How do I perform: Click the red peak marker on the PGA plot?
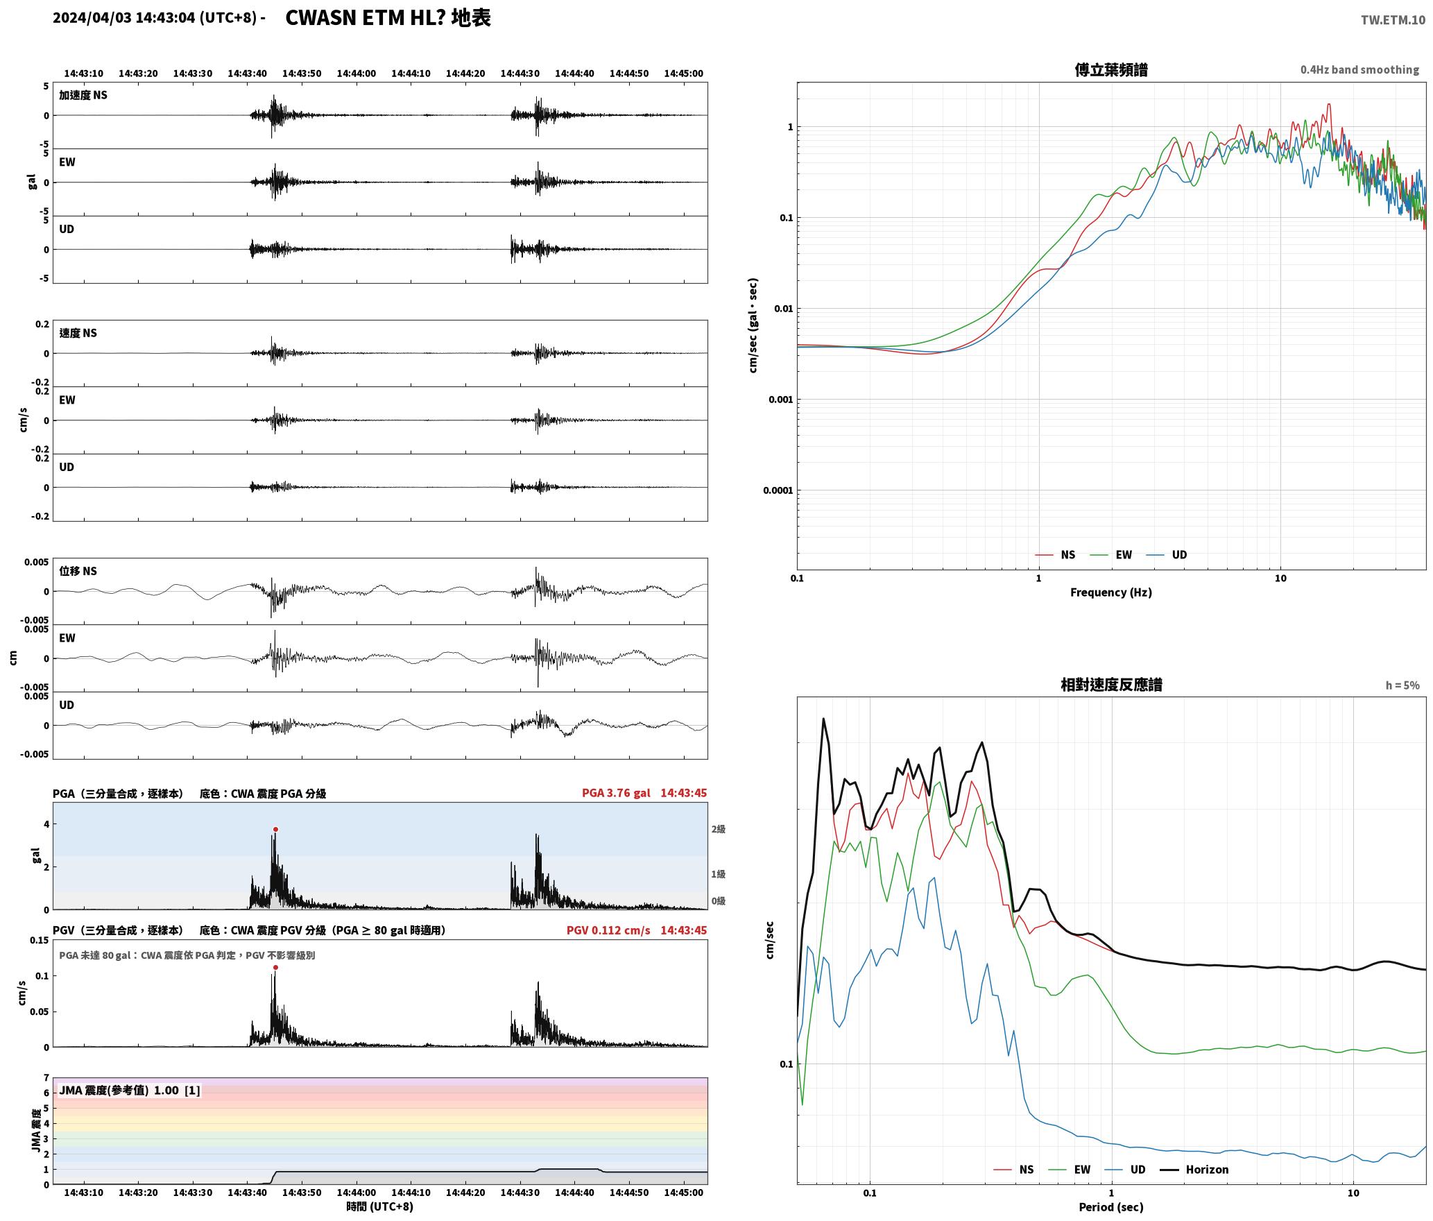(x=275, y=829)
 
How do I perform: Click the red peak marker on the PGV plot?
(x=275, y=967)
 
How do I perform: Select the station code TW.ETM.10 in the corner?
(x=1393, y=19)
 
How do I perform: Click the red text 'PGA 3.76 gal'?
(x=616, y=793)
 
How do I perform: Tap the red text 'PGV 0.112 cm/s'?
(x=608, y=930)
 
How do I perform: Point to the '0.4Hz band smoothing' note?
(x=1359, y=69)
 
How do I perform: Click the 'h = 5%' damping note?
(x=1402, y=685)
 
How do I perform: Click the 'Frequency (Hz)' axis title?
(x=1111, y=592)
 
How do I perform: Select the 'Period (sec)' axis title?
(x=1111, y=1207)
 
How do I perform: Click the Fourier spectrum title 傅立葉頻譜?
(x=1111, y=69)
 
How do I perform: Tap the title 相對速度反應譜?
(x=1111, y=685)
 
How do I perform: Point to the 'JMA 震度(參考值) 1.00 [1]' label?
(x=130, y=1090)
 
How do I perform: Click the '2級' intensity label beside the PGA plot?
(x=718, y=829)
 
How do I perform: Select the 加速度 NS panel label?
(x=83, y=95)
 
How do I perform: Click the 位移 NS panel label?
(x=78, y=571)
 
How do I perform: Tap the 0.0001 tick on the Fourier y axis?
(x=778, y=490)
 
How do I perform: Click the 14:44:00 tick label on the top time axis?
(x=357, y=74)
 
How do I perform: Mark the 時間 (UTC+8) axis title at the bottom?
(x=380, y=1206)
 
